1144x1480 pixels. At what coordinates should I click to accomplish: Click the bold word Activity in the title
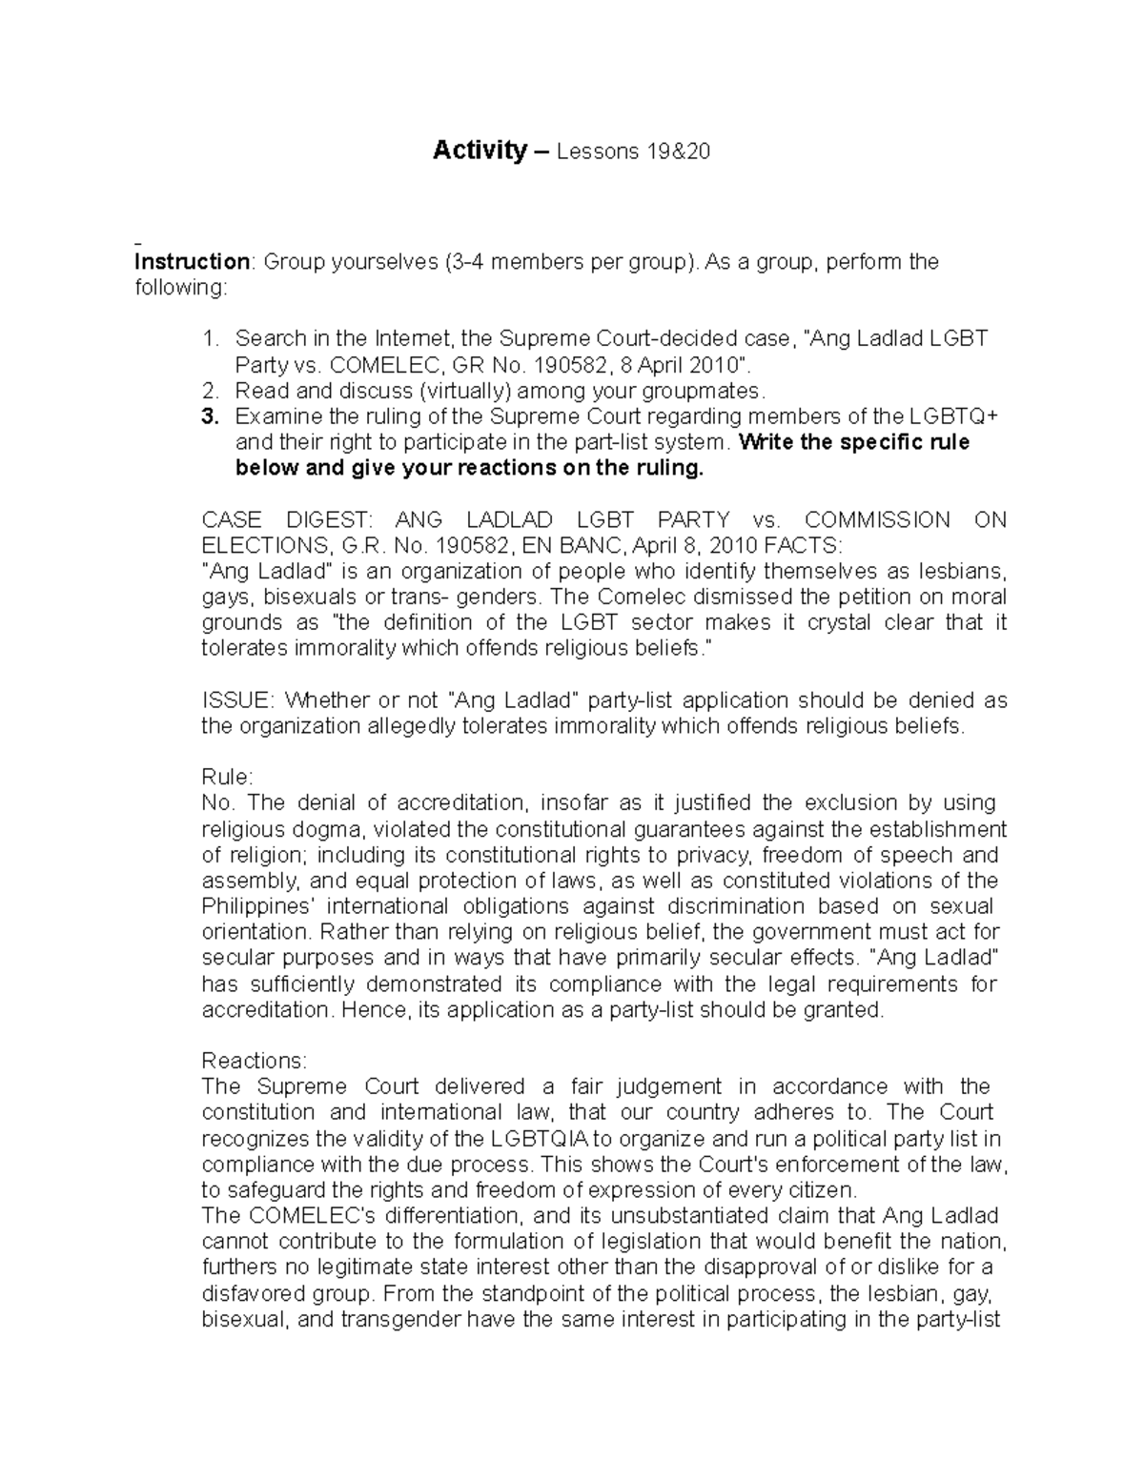(480, 151)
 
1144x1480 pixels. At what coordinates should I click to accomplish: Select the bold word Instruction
(192, 261)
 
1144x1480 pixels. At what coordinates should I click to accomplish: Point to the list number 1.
(210, 338)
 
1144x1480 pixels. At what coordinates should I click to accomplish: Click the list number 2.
(210, 390)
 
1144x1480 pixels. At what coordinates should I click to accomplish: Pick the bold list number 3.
(210, 416)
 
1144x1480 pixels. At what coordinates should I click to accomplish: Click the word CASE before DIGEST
(233, 520)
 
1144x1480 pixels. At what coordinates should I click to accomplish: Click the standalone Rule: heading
(228, 777)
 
